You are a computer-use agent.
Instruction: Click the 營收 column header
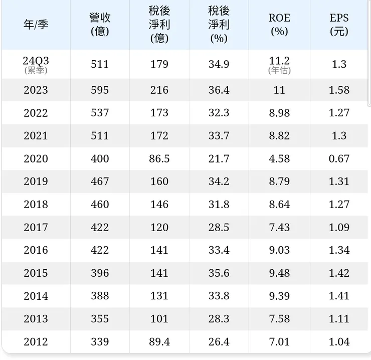point(100,25)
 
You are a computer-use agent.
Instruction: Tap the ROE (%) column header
point(279,25)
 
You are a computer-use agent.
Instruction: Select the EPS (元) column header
point(339,25)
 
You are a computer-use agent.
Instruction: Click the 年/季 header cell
point(36,25)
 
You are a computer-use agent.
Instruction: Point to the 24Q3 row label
point(36,61)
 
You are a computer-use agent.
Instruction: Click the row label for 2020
point(36,159)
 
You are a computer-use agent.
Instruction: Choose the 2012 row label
point(36,342)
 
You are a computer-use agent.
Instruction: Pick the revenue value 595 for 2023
point(100,90)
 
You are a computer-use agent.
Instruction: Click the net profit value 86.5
point(159,159)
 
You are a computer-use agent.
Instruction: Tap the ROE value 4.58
point(279,159)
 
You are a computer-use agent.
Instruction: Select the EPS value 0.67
point(339,159)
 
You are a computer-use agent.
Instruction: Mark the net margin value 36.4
point(219,90)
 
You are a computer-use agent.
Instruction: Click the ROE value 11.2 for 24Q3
point(279,61)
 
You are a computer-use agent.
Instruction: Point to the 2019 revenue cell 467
point(100,182)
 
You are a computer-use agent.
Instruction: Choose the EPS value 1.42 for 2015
point(339,273)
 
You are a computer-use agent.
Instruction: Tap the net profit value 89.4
point(159,342)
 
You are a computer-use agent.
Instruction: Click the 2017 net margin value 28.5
point(219,228)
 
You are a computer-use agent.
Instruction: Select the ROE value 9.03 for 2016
point(279,250)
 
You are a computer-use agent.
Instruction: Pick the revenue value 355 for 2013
point(100,319)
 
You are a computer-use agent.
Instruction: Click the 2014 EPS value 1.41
point(339,296)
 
